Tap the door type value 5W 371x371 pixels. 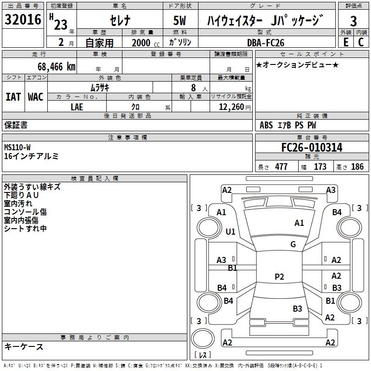point(180,21)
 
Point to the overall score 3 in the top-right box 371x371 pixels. point(353,21)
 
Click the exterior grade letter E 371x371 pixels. point(345,42)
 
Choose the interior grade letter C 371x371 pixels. point(361,42)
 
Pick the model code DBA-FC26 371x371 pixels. point(266,43)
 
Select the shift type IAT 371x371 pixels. point(13,97)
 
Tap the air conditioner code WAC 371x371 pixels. point(36,97)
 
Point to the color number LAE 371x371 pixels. point(77,107)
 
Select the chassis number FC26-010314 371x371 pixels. point(312,147)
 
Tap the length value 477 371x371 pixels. point(281,167)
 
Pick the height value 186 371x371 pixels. point(357,167)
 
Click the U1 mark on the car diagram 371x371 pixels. point(230,231)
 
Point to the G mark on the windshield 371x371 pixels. point(293,244)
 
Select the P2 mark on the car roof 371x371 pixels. point(279,277)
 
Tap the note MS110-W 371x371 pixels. point(18,147)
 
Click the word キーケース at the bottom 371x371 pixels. point(24,347)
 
